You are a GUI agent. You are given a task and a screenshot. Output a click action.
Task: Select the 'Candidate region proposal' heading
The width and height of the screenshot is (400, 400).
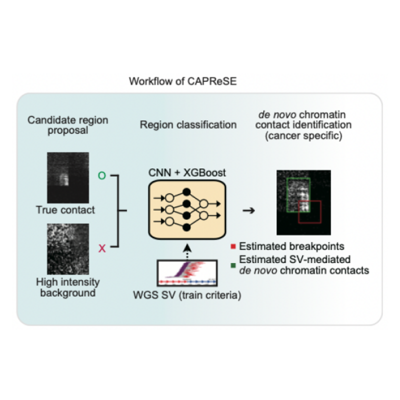pyautogui.click(x=68, y=125)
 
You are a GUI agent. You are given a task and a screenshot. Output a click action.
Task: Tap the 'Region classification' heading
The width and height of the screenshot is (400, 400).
pyautogui.click(x=188, y=125)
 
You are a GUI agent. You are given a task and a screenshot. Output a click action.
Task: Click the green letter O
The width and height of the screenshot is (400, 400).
pyautogui.click(x=102, y=175)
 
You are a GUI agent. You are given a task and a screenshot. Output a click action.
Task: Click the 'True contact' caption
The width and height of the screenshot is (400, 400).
pyautogui.click(x=65, y=210)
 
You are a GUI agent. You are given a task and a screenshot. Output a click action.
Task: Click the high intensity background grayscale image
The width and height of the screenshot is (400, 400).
pyautogui.click(x=67, y=249)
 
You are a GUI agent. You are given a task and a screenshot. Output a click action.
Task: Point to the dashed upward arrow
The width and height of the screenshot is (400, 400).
pyautogui.click(x=187, y=250)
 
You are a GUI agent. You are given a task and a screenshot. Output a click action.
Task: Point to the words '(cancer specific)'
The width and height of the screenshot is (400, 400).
pyautogui.click(x=306, y=135)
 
